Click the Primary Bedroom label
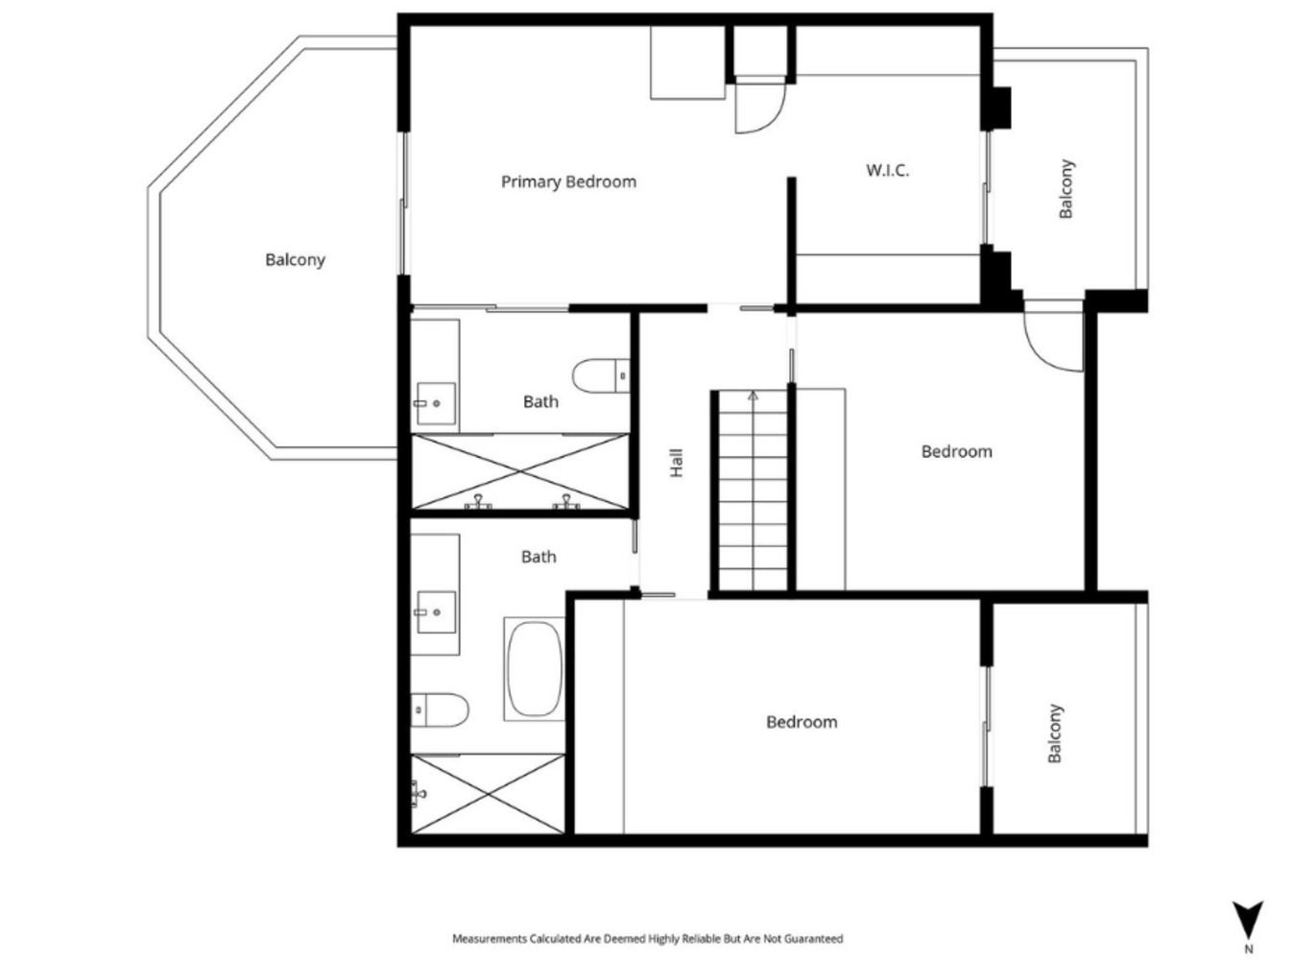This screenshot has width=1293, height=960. (568, 182)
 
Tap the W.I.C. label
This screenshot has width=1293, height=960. (887, 170)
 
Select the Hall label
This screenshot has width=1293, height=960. (676, 463)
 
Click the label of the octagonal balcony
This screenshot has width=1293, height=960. (295, 259)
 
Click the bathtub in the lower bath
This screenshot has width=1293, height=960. (534, 668)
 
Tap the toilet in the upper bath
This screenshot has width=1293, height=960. (601, 376)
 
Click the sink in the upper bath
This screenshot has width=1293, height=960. (436, 403)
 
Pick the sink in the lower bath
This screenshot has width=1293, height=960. (436, 612)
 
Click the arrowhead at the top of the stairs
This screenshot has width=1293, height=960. (754, 396)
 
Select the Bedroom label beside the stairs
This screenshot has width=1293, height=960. (957, 451)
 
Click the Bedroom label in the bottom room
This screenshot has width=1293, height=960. (802, 722)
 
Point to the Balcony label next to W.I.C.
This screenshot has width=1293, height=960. (1066, 188)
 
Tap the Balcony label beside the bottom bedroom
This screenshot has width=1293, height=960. (1055, 733)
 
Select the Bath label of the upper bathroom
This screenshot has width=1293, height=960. (540, 402)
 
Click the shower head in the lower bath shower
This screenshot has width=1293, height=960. (419, 793)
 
